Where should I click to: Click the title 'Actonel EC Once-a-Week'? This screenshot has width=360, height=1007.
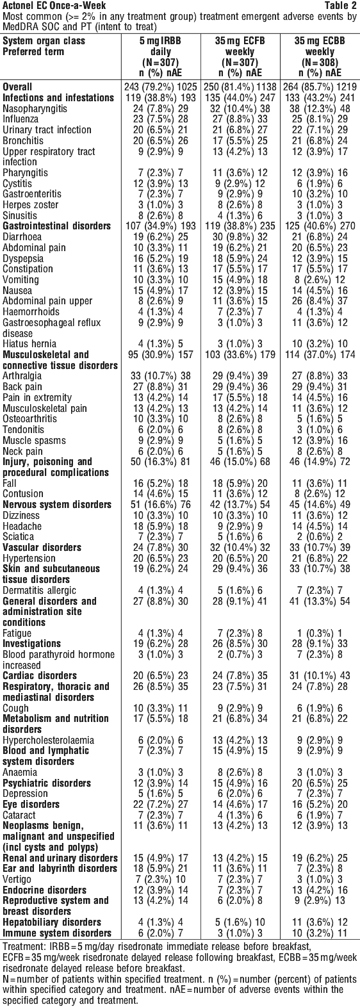[54, 6]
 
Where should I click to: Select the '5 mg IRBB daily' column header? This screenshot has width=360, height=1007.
[160, 56]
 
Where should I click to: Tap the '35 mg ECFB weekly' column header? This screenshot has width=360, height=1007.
[240, 56]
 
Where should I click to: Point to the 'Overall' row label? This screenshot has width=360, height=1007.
[17, 86]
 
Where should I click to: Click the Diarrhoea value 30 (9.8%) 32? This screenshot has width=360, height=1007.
[240, 236]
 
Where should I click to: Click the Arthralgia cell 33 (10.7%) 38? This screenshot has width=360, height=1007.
[160, 376]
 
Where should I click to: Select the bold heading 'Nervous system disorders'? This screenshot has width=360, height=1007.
[57, 504]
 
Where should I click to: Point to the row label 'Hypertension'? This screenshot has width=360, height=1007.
[28, 558]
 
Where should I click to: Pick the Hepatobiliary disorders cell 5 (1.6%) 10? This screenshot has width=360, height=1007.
[240, 922]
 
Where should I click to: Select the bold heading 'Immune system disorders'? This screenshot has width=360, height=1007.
[57, 933]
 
